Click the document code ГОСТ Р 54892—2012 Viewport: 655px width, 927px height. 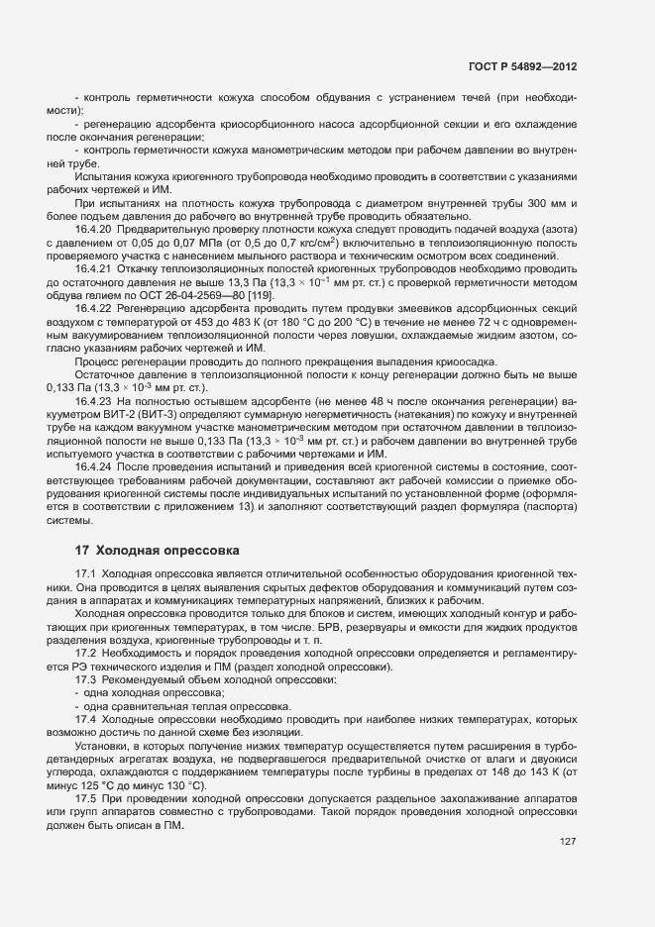point(523,67)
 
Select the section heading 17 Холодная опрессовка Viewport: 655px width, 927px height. point(156,550)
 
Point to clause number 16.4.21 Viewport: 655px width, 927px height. point(92,268)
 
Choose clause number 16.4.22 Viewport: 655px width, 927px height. point(92,307)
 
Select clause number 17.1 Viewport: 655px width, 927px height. point(86,574)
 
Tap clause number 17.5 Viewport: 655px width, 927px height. point(86,795)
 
